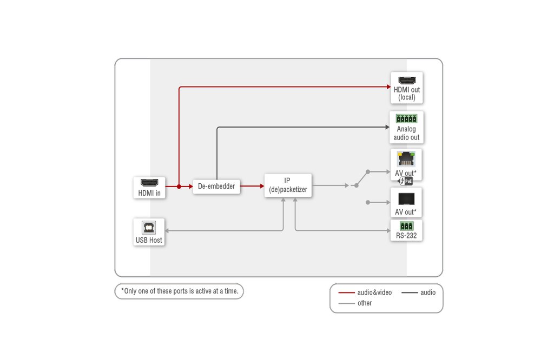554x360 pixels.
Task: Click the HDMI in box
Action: point(149,188)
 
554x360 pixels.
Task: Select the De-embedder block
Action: point(216,186)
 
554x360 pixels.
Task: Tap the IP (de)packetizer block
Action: point(288,185)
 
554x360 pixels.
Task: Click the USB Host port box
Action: point(149,232)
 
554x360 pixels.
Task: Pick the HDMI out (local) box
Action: point(407,88)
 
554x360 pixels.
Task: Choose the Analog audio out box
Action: point(406,128)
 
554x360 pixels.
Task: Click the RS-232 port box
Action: point(406,230)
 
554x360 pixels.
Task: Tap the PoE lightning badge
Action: point(405,181)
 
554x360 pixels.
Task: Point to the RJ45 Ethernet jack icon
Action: point(406,159)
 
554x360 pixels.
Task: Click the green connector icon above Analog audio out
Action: point(406,118)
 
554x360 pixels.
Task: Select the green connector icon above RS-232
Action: point(406,226)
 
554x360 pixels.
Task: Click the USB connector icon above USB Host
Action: point(148,228)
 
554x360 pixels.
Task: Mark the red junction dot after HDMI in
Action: point(179,186)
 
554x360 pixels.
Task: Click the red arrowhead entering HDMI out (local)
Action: point(389,87)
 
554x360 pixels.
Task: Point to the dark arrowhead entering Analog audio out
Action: point(387,127)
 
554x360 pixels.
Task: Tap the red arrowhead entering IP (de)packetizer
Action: point(262,186)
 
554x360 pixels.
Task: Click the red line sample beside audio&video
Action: point(346,292)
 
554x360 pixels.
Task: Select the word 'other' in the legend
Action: point(365,303)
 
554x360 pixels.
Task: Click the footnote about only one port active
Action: point(180,291)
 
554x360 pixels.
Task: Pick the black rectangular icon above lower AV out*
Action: point(406,199)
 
